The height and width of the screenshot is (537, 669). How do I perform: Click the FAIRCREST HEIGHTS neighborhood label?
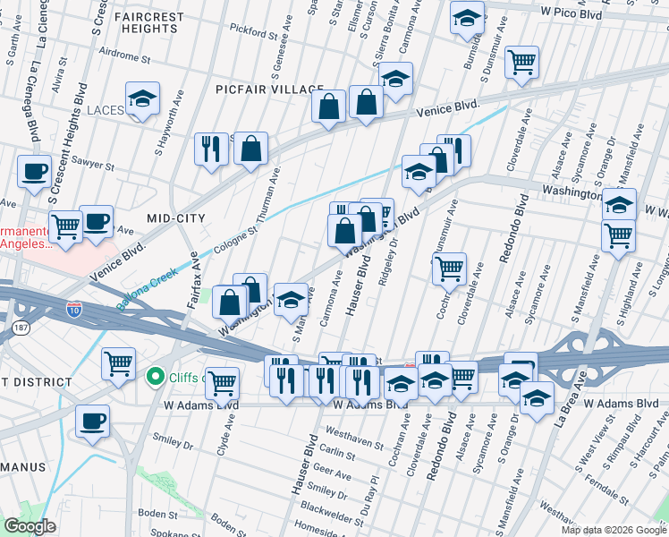(141, 23)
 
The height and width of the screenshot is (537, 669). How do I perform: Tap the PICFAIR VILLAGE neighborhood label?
(269, 89)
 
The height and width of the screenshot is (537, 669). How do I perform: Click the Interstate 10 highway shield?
(76, 310)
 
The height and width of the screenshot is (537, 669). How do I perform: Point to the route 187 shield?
(19, 329)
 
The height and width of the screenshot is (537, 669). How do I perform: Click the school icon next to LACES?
(142, 101)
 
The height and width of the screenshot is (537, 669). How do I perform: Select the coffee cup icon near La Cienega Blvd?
(34, 171)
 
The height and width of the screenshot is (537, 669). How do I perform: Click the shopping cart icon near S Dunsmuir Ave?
(521, 63)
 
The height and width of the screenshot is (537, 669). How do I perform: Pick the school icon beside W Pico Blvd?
(466, 18)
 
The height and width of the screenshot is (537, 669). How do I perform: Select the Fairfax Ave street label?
(194, 281)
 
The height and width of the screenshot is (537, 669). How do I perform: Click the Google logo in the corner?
(30, 527)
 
